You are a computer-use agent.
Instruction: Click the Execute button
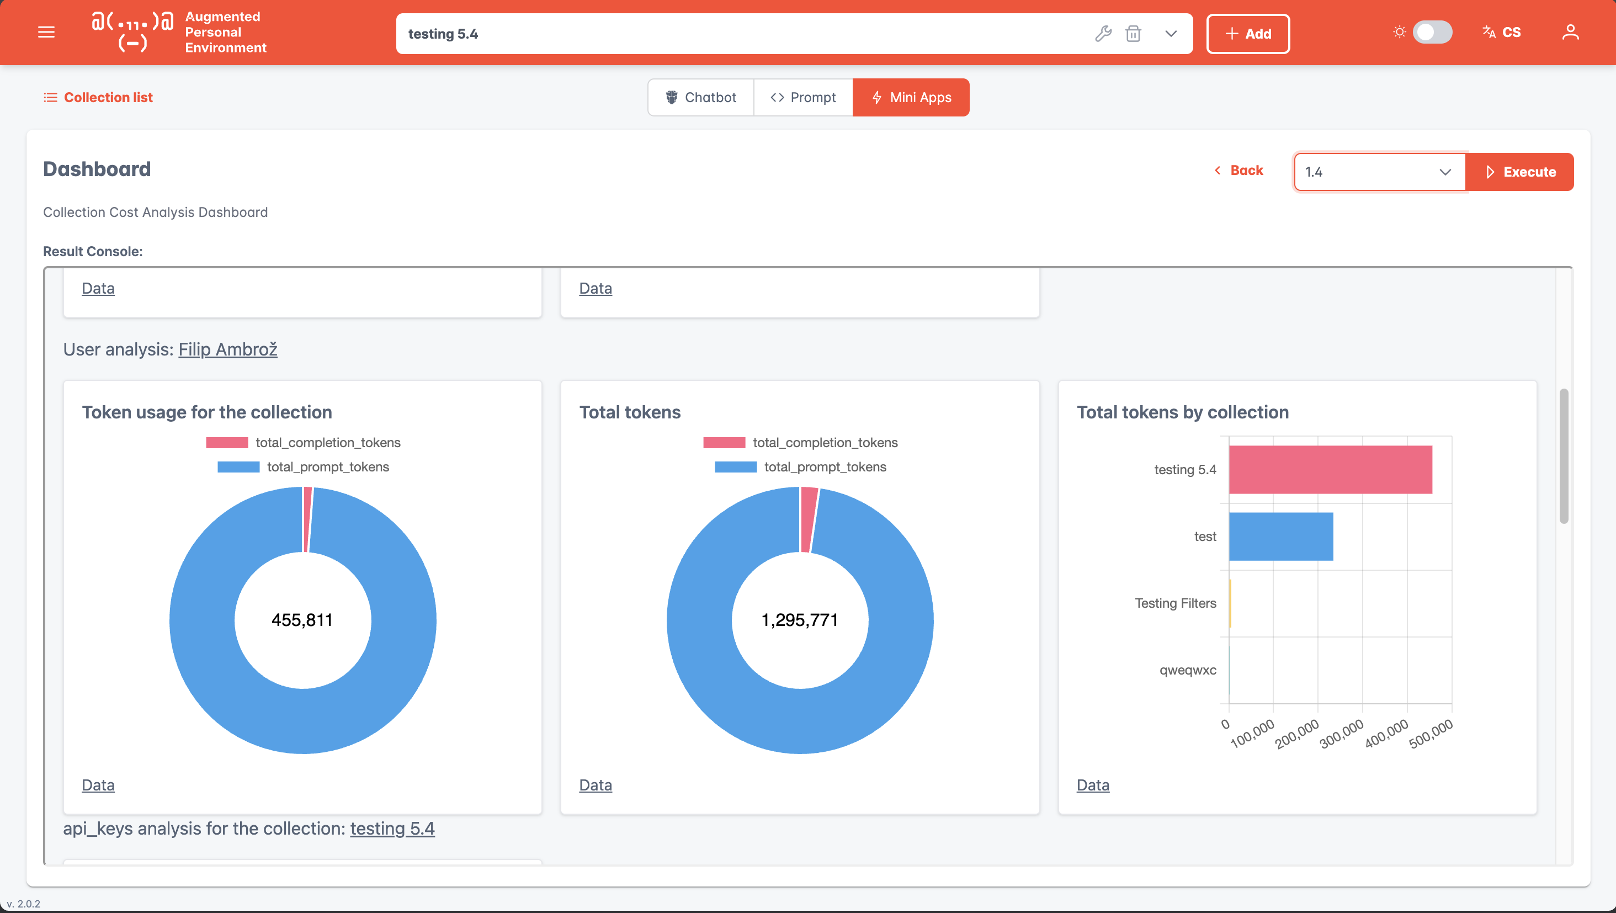[1519, 172]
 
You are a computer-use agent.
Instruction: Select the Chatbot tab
[701, 97]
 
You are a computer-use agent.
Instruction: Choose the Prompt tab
[803, 97]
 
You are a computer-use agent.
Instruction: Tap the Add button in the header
[1248, 34]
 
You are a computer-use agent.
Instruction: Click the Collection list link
[98, 97]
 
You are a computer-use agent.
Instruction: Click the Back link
[1238, 171]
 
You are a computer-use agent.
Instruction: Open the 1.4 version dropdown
[1379, 172]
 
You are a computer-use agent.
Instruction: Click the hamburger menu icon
[46, 32]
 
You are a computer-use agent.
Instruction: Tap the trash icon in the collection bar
[1133, 33]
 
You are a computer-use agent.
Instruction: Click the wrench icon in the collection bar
[1103, 33]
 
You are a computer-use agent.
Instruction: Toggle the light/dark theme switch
[1432, 32]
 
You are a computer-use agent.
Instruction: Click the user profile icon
[1570, 32]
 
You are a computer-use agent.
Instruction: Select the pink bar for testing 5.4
[1331, 470]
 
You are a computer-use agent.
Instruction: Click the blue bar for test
[1281, 537]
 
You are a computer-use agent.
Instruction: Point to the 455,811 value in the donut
[302, 620]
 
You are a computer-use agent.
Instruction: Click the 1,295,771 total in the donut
[800, 620]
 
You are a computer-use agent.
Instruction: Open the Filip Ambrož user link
[228, 349]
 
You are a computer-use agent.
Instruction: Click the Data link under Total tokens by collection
[1093, 785]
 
